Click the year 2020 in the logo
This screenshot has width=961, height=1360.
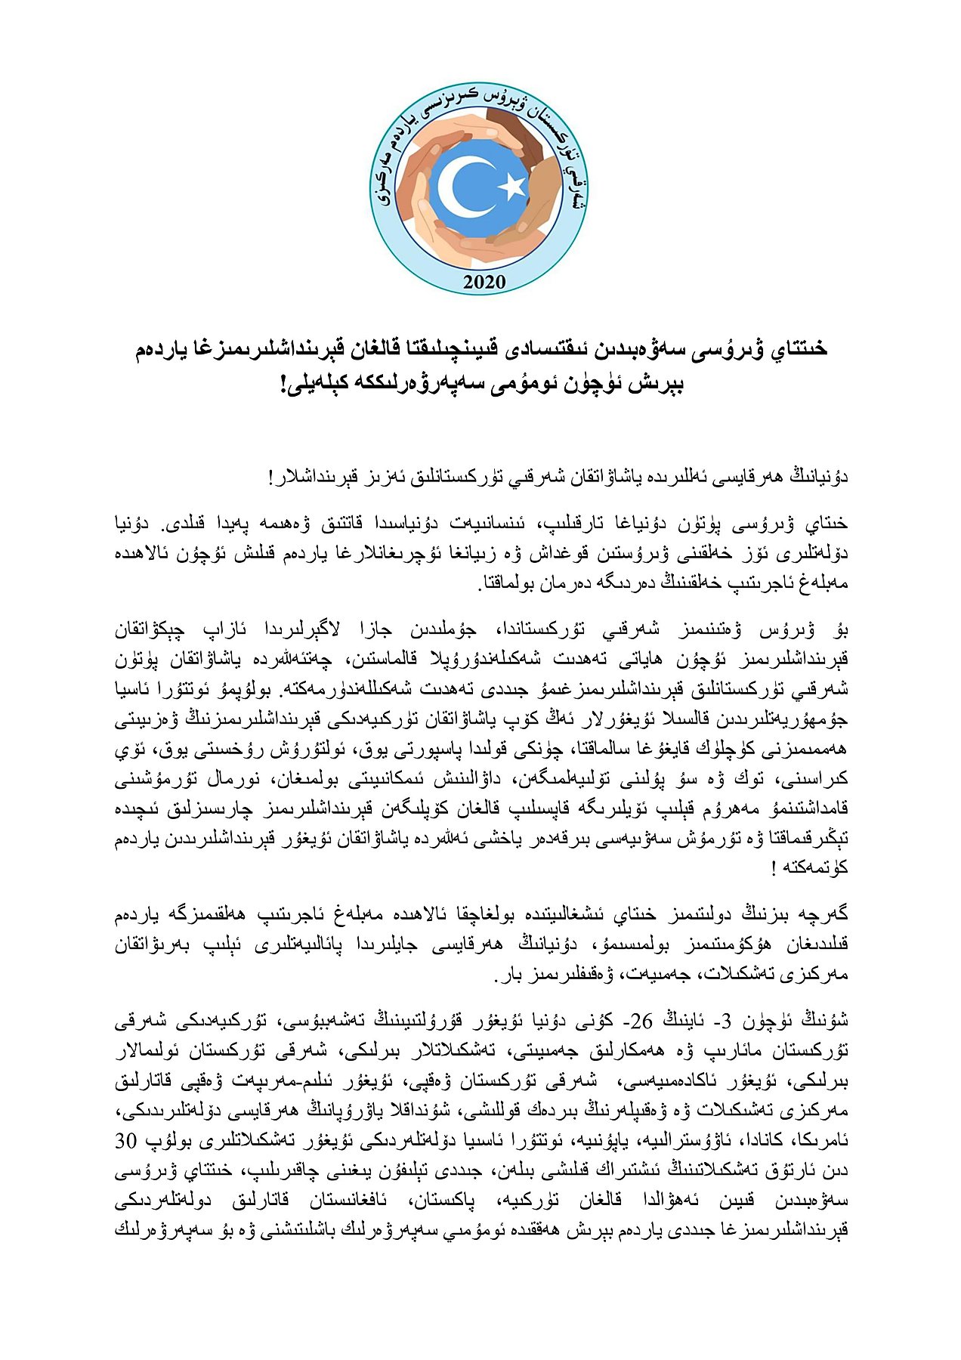[x=484, y=283]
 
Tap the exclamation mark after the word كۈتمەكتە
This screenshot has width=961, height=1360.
[x=774, y=867]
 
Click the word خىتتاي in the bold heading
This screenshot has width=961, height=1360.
[x=798, y=349]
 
